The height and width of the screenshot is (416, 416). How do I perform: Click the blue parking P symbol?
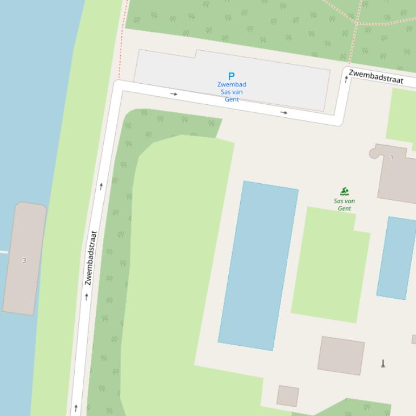[232, 76]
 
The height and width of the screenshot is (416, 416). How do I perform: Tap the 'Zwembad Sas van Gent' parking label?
[232, 92]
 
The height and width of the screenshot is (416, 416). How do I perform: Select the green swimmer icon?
[345, 191]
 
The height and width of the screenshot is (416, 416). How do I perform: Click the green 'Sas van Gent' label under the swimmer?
[345, 205]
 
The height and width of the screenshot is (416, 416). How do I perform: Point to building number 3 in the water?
[24, 260]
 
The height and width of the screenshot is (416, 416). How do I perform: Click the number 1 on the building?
[392, 158]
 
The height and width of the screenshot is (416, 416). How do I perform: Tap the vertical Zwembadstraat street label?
[90, 258]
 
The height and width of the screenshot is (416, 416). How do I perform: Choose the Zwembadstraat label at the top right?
[376, 77]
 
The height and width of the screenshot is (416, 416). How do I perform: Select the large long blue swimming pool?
[258, 265]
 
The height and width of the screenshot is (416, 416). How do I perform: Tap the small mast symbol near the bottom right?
[383, 364]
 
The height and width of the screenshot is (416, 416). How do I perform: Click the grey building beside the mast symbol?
[341, 355]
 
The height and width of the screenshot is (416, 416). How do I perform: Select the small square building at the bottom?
[288, 396]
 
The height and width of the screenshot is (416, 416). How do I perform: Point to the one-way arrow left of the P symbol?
[174, 94]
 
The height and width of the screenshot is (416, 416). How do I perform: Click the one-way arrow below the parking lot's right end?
[284, 112]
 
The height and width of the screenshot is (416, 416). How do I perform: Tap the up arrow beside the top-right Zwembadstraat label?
[346, 79]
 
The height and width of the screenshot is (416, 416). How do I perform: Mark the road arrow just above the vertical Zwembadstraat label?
[101, 186]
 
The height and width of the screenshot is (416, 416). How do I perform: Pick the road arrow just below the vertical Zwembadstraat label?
[87, 297]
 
